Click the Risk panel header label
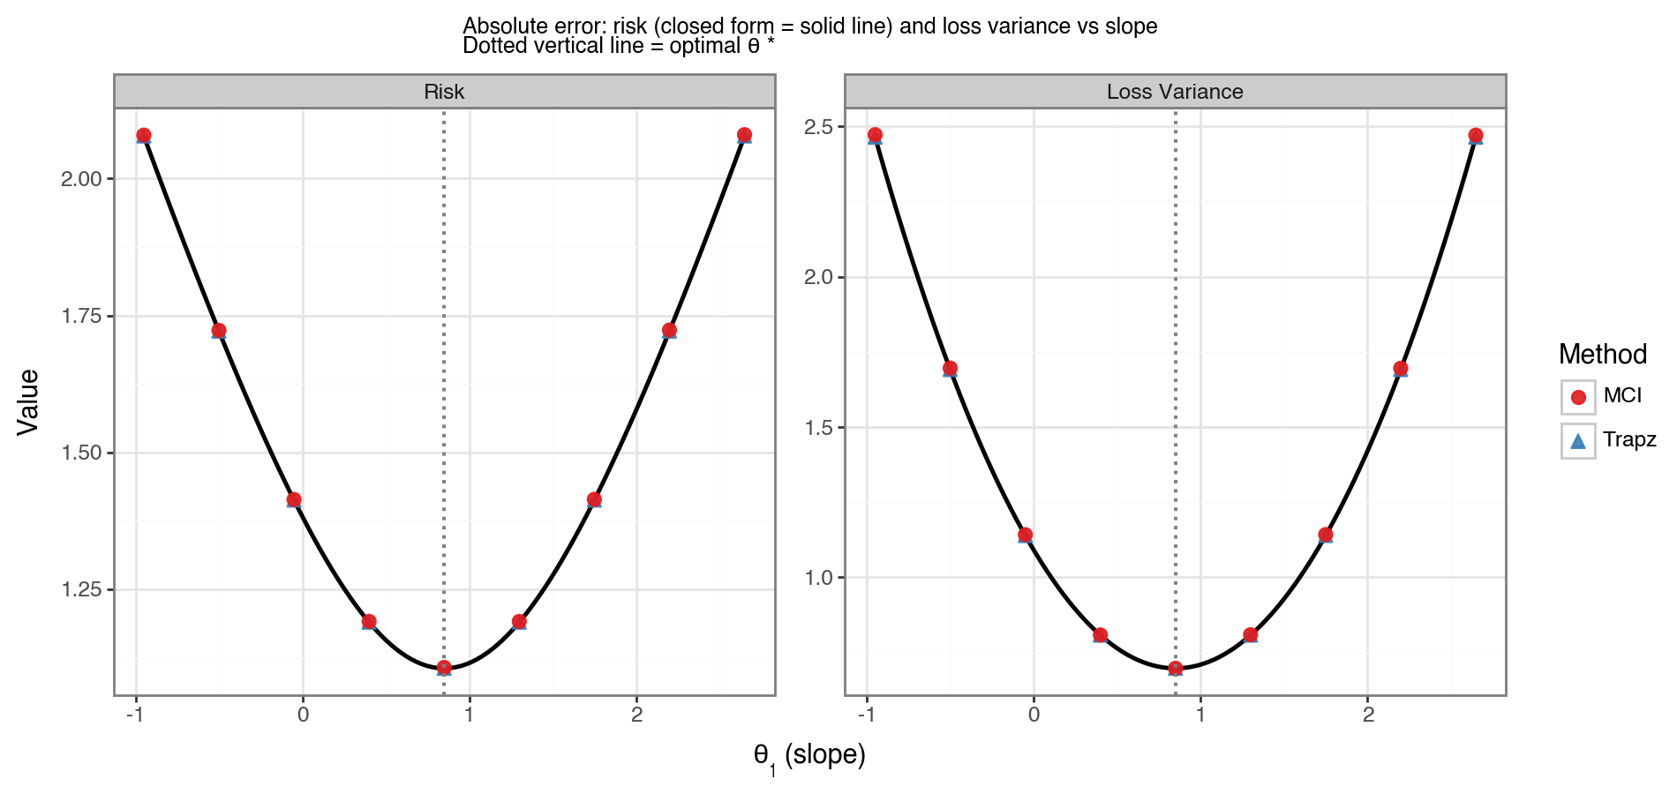(444, 92)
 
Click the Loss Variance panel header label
(1175, 92)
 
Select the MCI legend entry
(1622, 396)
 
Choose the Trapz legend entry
(1628, 439)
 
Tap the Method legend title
(1603, 355)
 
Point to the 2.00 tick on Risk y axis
(81, 179)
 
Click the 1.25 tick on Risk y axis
(81, 589)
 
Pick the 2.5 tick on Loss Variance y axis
(818, 127)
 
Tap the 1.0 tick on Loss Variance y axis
(818, 578)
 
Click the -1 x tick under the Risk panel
(134, 715)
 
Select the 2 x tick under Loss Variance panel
(1368, 715)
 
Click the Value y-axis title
(28, 401)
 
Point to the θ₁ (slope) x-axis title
(809, 756)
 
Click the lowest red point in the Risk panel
(444, 668)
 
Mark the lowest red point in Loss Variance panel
(1175, 669)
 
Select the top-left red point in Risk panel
(144, 135)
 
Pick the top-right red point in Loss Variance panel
(1475, 136)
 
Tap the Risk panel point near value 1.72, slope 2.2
(669, 331)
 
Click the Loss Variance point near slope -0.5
(950, 369)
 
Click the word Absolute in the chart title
(501, 26)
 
